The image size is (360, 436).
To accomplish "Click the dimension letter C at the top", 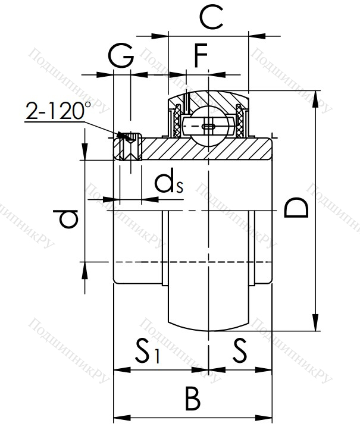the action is coord(211,17).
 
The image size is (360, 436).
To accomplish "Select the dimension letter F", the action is coord(201,55).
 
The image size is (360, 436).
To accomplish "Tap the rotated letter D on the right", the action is coord(296,208).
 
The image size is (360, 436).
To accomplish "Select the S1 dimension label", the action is coord(148,350).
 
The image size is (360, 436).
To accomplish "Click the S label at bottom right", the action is coord(240,350).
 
